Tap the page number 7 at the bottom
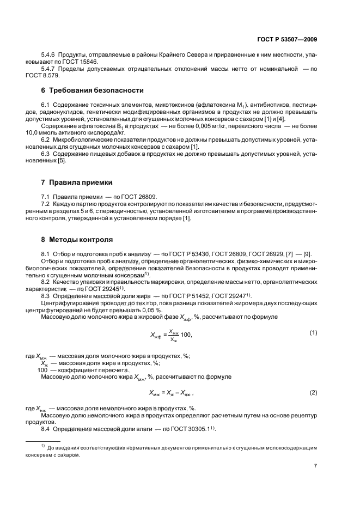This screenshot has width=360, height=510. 316,466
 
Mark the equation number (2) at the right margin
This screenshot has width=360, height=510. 313,392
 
